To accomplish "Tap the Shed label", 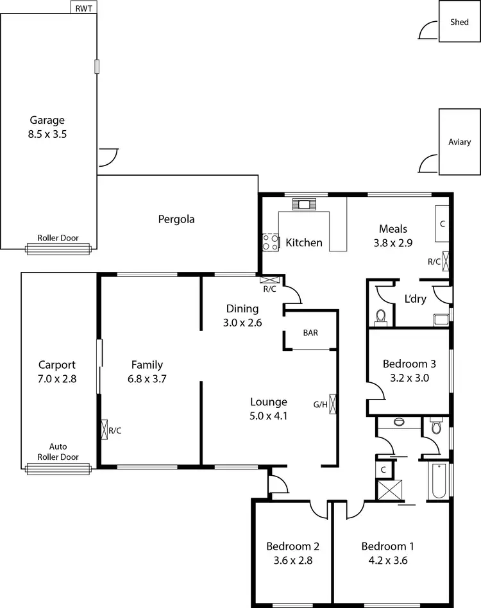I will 459,22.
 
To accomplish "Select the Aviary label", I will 459,142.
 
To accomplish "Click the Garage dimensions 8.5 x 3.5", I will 48,135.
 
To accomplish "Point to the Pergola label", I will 176,219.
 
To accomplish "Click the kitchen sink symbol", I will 302,205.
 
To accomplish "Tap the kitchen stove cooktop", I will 271,242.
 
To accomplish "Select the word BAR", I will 311,333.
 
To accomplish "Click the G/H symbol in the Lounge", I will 333,403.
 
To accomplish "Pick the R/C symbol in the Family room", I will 104,429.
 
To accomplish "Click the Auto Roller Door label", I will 58,452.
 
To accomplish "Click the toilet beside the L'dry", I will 381,316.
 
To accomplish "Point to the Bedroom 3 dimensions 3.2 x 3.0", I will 409,378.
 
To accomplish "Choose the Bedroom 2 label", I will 293,546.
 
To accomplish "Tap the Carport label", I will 57,366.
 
